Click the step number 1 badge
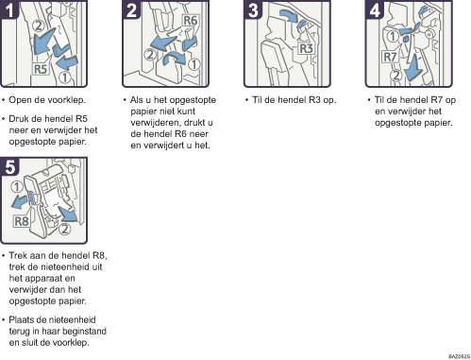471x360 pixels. [8, 9]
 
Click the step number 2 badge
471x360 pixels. [131, 9]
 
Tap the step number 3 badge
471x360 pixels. [253, 9]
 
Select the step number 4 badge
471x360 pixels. [374, 9]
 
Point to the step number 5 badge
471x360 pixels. [9, 166]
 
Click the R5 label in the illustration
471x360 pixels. [41, 69]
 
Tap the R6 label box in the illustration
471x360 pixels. [191, 21]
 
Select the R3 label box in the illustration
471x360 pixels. [306, 48]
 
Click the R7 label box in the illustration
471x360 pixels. [390, 57]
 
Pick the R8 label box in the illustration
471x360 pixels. [22, 221]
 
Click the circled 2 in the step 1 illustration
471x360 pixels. [39, 26]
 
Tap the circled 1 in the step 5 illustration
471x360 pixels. [17, 187]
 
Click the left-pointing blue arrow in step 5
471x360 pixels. [20, 202]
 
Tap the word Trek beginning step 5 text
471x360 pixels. [18, 255]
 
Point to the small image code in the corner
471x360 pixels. [459, 356]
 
